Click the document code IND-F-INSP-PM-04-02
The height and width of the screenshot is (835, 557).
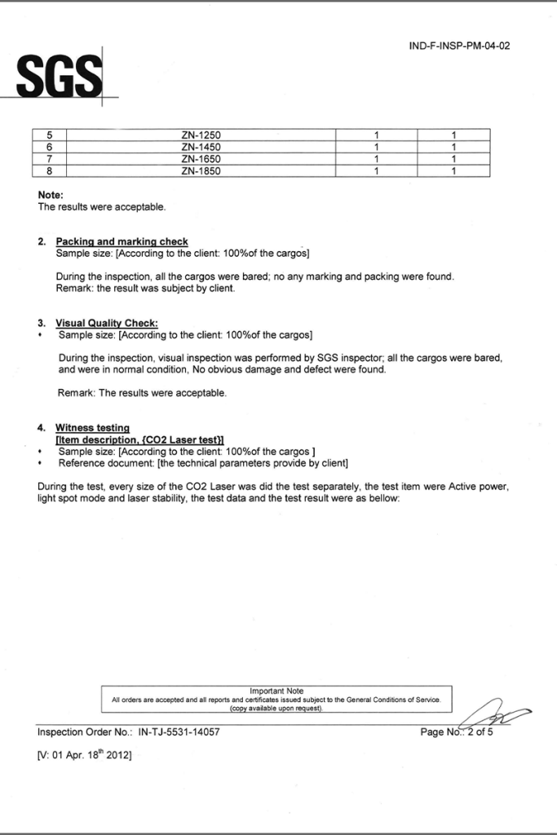pyautogui.click(x=459, y=46)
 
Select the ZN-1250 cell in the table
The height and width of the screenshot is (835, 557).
pyautogui.click(x=201, y=135)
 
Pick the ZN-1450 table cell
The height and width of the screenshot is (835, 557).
pyautogui.click(x=201, y=147)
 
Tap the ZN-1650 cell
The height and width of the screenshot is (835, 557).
pyautogui.click(x=201, y=159)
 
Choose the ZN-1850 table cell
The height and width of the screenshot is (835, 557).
pyautogui.click(x=201, y=171)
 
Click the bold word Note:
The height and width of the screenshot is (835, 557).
pyautogui.click(x=51, y=196)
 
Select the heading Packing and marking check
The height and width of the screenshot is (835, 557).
pyautogui.click(x=122, y=241)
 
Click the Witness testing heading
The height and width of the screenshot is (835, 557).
pyautogui.click(x=92, y=427)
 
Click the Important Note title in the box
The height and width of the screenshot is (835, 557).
pyautogui.click(x=276, y=691)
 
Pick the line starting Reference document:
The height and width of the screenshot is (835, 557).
pyautogui.click(x=203, y=463)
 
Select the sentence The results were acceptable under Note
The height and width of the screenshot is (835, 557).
pyautogui.click(x=102, y=207)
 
